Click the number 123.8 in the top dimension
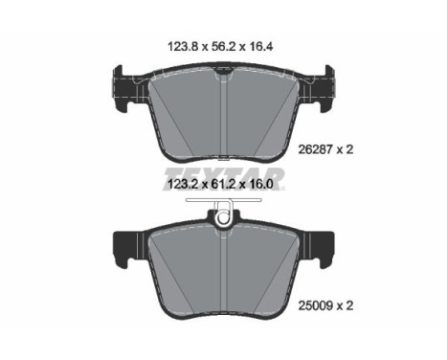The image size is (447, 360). point(183,47)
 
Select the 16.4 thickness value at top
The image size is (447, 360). point(261,47)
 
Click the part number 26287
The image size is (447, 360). point(316,149)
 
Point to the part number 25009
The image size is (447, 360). point(316,305)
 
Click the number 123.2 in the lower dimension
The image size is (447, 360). point(183,184)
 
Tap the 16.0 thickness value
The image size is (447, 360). point(260,184)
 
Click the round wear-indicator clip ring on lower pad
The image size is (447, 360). point(223,222)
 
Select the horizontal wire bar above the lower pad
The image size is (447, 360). point(224,200)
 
